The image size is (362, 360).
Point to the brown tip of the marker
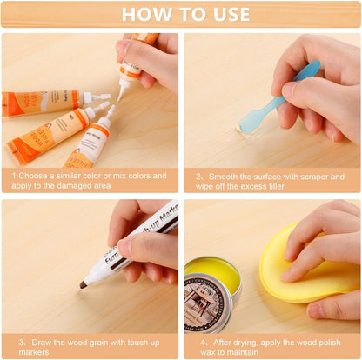coord(84,284)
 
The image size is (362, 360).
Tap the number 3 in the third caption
coord(21,341)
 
